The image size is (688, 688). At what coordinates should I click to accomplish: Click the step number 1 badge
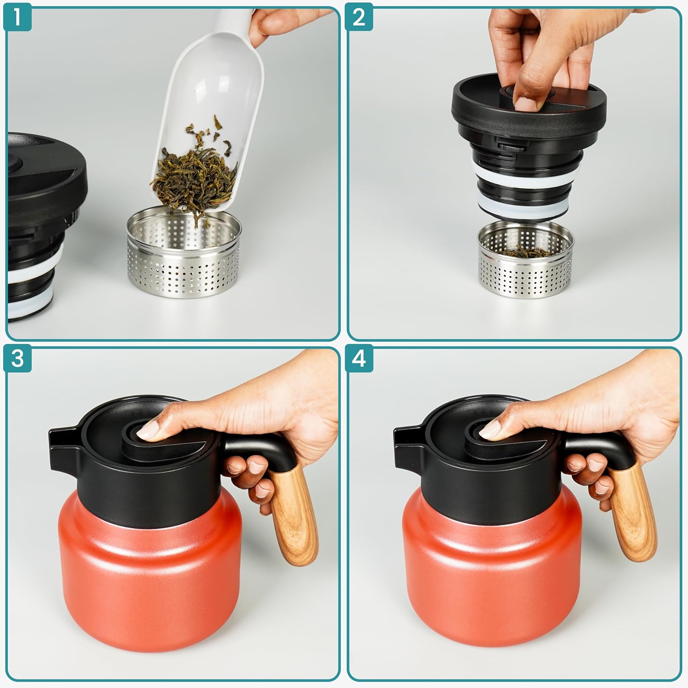pos(17,17)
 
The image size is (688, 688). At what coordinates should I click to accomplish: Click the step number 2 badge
pos(359,17)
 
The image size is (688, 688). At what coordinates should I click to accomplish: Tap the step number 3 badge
pos(17,358)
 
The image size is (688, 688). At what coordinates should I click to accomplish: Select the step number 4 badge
pos(359,358)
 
